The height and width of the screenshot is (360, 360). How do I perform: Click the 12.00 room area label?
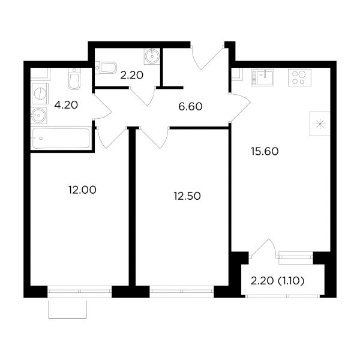point(82,190)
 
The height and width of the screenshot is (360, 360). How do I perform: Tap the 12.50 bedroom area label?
point(187,196)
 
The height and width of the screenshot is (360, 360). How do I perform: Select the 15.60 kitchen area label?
point(265,152)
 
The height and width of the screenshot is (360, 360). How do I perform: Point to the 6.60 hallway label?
point(190,107)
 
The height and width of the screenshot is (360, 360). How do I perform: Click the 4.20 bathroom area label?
point(66,105)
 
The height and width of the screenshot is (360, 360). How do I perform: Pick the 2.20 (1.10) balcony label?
point(278,281)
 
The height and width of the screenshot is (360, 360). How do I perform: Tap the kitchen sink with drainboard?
point(263,77)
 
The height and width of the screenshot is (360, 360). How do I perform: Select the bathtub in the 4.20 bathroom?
point(61,138)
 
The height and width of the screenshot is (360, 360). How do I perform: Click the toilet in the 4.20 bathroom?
point(74,79)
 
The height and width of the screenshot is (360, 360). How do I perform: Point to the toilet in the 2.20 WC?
point(106,68)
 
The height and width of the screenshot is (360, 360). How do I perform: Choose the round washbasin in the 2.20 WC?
point(152,56)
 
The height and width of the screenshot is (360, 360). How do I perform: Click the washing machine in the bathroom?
point(40,94)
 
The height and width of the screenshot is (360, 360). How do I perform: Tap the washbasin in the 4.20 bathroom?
point(39,115)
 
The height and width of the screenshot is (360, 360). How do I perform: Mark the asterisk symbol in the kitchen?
point(320,124)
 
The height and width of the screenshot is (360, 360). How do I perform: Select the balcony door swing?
point(264,247)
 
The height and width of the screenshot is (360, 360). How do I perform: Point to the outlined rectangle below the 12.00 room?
point(67,318)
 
